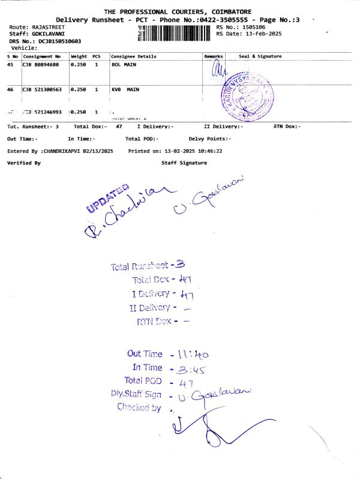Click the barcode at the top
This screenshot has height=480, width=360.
pos(175,31)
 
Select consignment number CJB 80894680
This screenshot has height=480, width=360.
pos(41,63)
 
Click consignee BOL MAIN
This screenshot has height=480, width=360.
pos(125,63)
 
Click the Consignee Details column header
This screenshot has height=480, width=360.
pos(133,56)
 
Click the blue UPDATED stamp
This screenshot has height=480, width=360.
pos(109,199)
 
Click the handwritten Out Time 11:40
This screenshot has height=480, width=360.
pos(191,354)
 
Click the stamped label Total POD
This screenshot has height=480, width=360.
pos(143,380)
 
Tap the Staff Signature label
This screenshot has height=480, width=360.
pos(184,163)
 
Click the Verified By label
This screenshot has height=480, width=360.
pos(24,163)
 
